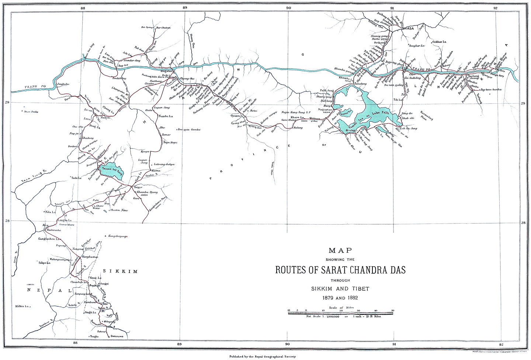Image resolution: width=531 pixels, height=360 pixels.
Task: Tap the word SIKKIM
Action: (x=120, y=271)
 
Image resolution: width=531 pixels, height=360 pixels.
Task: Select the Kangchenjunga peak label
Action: (x=120, y=236)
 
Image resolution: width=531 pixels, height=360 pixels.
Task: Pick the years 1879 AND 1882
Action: (x=340, y=297)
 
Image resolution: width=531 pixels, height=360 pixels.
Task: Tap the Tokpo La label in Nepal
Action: (x=44, y=263)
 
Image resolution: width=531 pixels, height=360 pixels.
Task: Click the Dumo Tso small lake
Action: (x=347, y=114)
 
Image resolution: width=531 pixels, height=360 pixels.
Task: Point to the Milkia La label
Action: (x=21, y=306)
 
